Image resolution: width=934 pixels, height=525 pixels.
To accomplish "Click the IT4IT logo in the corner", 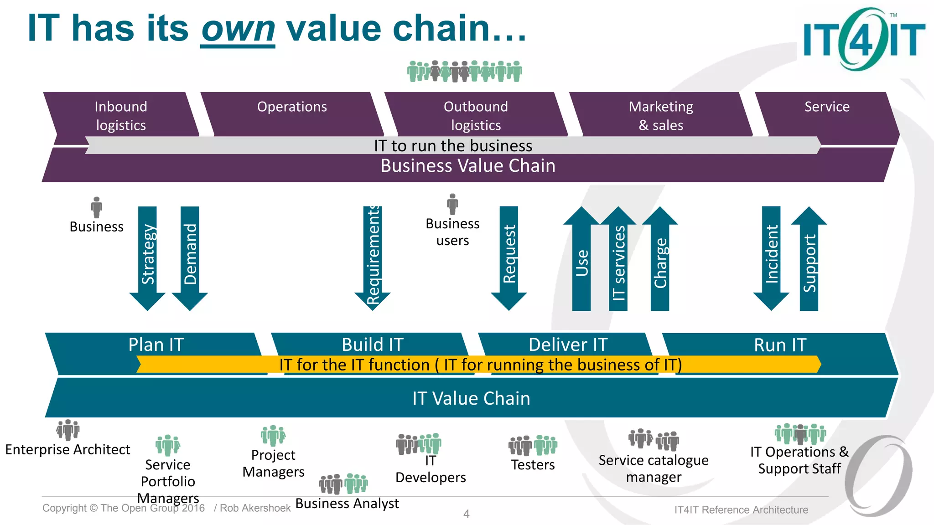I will (x=863, y=39).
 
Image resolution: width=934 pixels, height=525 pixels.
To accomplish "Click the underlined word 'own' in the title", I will (x=238, y=29).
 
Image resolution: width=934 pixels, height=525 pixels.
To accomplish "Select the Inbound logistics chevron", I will (x=121, y=115).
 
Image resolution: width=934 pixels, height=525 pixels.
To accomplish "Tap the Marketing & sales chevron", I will (x=661, y=115).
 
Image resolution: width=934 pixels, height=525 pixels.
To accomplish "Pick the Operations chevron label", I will (x=292, y=107).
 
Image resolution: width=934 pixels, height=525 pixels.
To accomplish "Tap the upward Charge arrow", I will (x=660, y=260).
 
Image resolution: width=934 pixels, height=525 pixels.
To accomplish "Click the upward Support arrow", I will (x=809, y=260).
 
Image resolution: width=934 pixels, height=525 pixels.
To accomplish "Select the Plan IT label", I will (x=156, y=345).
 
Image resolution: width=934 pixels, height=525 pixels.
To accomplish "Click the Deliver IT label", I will (x=568, y=345).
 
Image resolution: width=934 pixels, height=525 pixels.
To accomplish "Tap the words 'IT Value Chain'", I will (x=471, y=398).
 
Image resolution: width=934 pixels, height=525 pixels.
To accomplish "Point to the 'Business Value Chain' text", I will (x=468, y=166).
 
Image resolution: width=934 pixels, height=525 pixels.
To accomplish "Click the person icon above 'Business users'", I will (x=452, y=204).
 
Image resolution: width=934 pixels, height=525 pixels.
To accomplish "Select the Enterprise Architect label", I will (x=67, y=450).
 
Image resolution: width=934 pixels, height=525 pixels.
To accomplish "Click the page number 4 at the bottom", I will (x=466, y=514).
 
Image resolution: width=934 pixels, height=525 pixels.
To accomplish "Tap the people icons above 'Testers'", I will (x=533, y=445).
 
